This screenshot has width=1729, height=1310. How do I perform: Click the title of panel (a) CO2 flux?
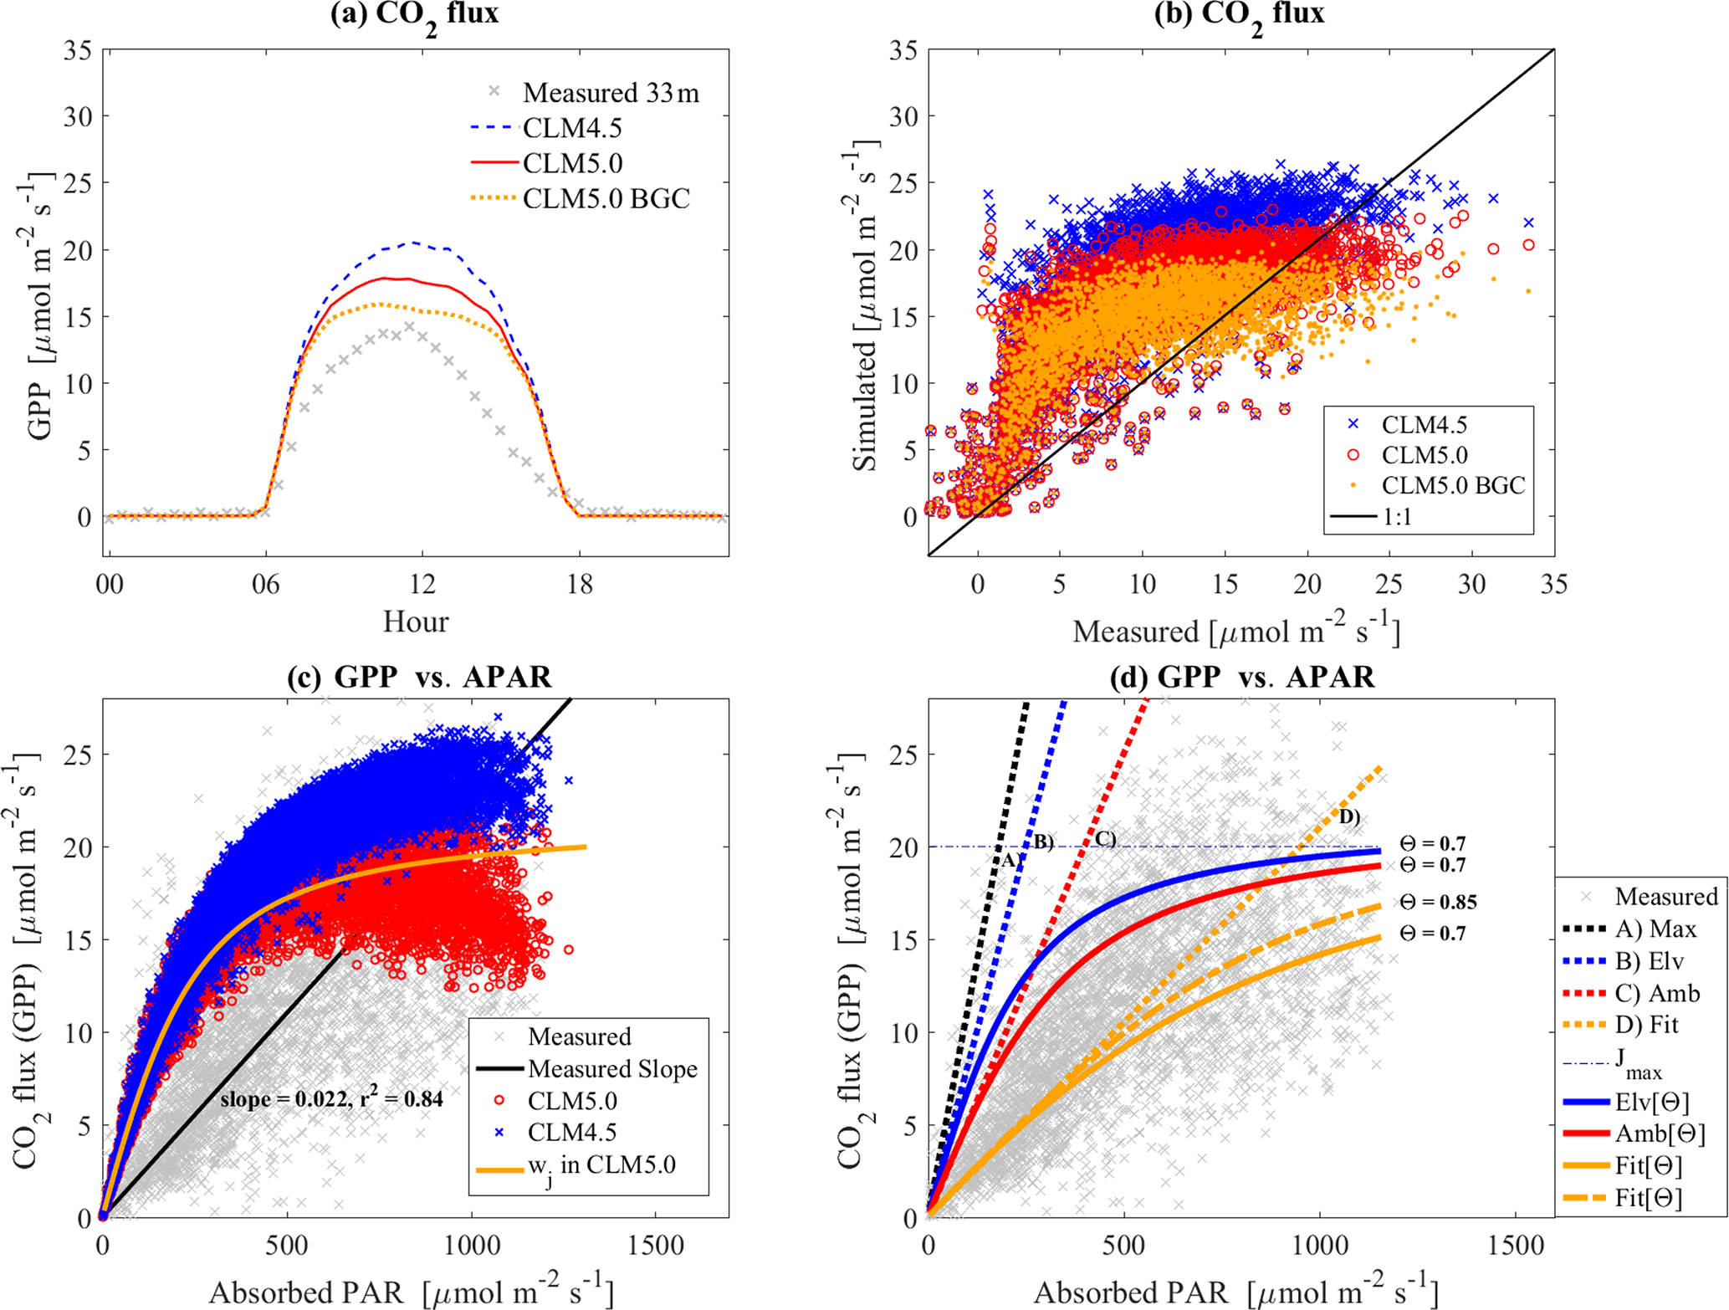click(x=415, y=14)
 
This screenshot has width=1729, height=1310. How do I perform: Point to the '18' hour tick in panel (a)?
click(x=579, y=584)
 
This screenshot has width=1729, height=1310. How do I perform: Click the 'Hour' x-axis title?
click(x=416, y=622)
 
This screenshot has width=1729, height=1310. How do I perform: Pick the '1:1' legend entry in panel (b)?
click(x=1397, y=517)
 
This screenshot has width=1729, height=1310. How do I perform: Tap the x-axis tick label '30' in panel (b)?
click(x=1471, y=584)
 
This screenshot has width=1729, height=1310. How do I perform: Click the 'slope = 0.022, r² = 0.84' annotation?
click(x=331, y=1098)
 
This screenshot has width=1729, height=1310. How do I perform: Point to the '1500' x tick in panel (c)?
click(x=655, y=1246)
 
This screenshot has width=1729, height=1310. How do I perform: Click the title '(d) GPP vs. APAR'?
click(x=1241, y=677)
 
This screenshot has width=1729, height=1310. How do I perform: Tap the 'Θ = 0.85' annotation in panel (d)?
click(x=1438, y=903)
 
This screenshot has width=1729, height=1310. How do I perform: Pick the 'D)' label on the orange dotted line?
click(x=1349, y=816)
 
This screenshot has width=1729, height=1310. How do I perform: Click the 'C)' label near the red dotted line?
click(x=1105, y=838)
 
